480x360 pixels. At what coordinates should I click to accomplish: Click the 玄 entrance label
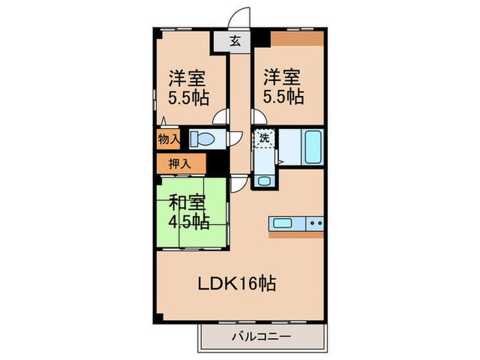click(x=235, y=40)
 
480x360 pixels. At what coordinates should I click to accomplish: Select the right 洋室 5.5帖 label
click(x=282, y=86)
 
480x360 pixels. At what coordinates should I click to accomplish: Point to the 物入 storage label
click(x=169, y=139)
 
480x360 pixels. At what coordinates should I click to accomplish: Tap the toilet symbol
click(x=203, y=139)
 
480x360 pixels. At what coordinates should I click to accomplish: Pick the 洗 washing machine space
click(x=264, y=137)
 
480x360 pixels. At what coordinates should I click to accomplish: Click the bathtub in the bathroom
click(x=311, y=145)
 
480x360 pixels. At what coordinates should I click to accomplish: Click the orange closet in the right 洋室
click(x=296, y=38)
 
